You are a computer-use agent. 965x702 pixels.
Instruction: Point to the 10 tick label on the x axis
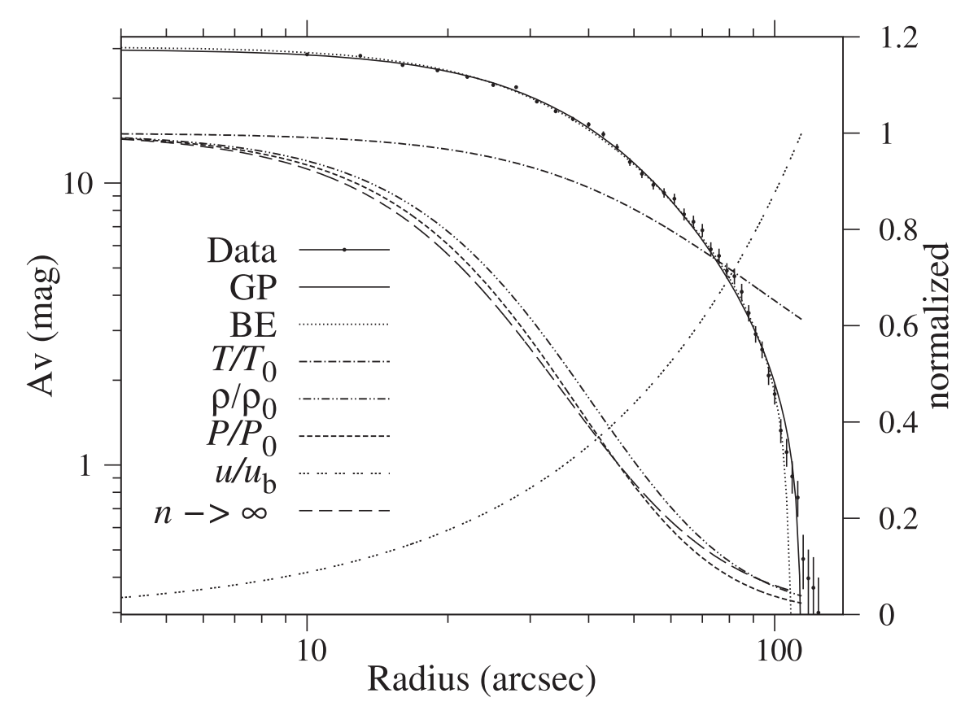point(307,643)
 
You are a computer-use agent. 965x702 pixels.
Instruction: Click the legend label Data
point(242,251)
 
